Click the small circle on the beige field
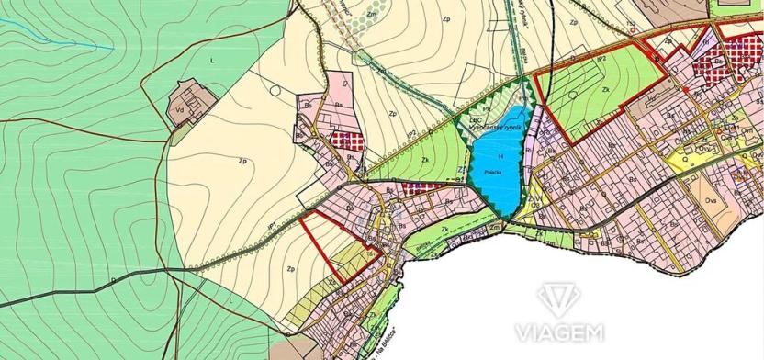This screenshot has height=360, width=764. point(276,89)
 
